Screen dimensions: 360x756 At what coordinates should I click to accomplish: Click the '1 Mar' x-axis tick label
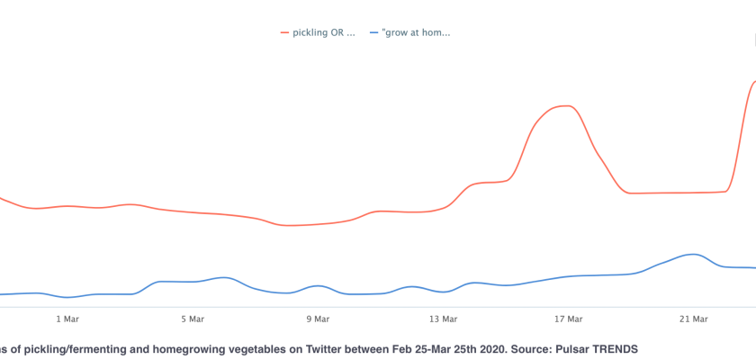coord(67,318)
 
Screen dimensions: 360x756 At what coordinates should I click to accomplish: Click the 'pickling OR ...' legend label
coord(324,32)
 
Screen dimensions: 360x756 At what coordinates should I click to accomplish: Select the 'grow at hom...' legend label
coord(416,32)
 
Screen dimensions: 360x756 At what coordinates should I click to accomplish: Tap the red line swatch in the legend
coord(285,32)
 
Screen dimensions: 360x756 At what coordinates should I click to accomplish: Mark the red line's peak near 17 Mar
coord(563,105)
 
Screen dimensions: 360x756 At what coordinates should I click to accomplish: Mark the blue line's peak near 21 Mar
coord(691,254)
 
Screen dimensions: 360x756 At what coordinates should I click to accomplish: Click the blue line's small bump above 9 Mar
coord(318,285)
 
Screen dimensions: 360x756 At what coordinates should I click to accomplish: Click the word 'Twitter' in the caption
coord(319,346)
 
